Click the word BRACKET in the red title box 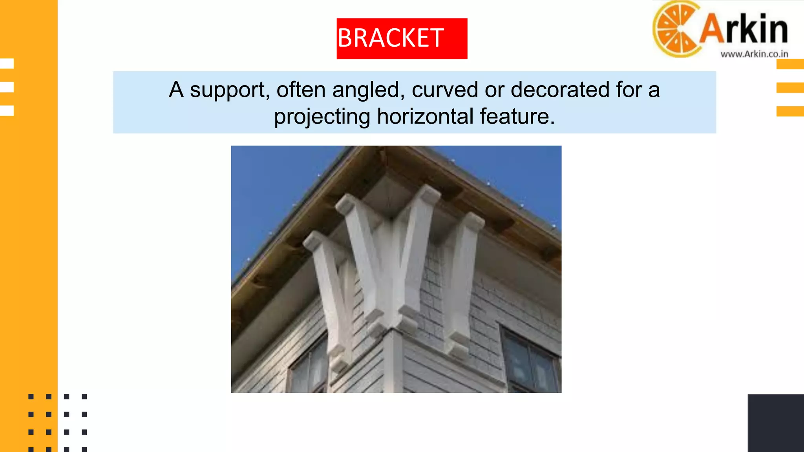point(391,38)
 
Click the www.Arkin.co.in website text point(754,54)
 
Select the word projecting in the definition point(322,117)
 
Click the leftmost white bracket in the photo point(330,294)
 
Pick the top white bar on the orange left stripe point(7,64)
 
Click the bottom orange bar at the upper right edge point(790,111)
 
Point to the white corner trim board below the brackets point(393,361)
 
